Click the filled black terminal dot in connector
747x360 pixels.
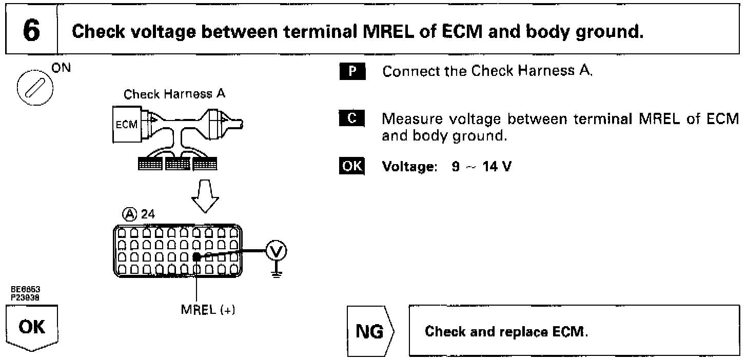(x=196, y=257)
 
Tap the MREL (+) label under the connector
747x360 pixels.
(x=207, y=311)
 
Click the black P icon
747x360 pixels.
(x=351, y=71)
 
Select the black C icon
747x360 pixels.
(x=351, y=119)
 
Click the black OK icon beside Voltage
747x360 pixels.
(x=351, y=167)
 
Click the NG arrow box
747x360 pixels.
(x=369, y=331)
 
